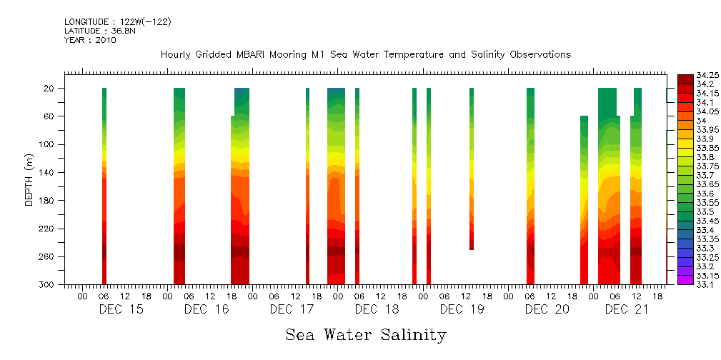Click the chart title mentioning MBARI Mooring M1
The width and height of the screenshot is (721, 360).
[365, 55]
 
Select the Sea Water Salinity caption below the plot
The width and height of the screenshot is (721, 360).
[366, 334]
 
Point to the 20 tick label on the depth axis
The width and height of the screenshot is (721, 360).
[50, 89]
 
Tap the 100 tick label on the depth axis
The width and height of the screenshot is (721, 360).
[48, 144]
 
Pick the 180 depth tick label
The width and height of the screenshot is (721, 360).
[48, 201]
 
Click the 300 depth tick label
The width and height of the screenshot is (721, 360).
[48, 285]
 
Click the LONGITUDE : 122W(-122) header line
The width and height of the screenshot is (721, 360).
[117, 21]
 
